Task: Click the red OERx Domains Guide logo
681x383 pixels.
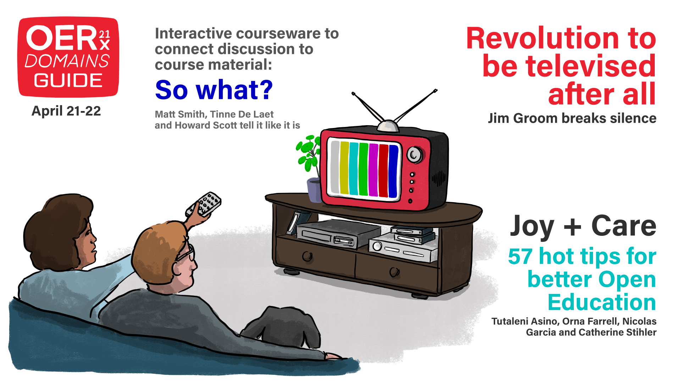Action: coord(68,57)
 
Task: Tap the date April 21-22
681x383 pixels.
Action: coord(66,111)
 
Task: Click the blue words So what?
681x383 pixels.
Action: coord(214,90)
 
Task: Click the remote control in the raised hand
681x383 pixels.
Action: coord(204,205)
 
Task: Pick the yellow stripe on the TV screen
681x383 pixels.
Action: coord(344,168)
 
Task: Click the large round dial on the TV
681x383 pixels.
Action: coord(414,154)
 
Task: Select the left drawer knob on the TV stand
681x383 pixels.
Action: coord(307,256)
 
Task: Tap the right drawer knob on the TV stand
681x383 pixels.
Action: coord(394,272)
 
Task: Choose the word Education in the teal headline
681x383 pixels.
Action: coord(602,302)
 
